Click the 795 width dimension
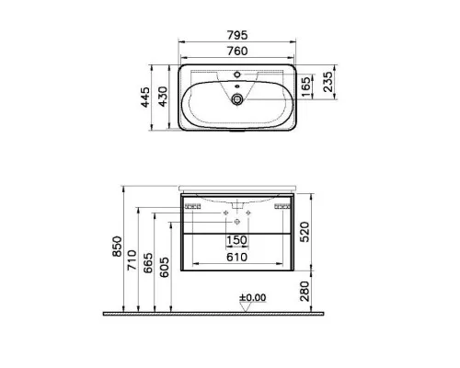point(237,35)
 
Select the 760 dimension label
point(237,51)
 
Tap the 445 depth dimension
point(145,98)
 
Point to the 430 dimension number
point(163,97)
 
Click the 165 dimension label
point(306,86)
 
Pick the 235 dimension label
point(328,82)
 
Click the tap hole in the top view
point(237,75)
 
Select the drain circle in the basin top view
point(237,99)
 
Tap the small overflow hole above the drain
point(236,86)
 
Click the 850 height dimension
point(117,247)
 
